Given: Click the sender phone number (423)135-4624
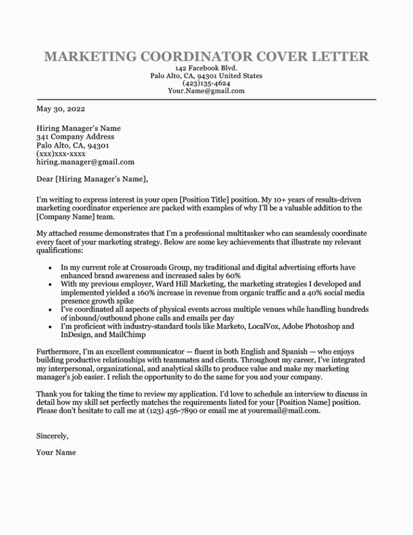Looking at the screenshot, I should tap(206, 83).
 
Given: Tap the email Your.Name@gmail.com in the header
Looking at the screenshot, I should tap(206, 91).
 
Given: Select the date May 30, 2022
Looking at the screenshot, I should tap(60, 109).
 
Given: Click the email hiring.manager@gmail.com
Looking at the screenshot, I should tap(86, 161).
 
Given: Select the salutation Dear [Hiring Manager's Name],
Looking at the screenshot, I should tap(92, 179).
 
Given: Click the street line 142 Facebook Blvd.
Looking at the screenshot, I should tap(206, 68).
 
